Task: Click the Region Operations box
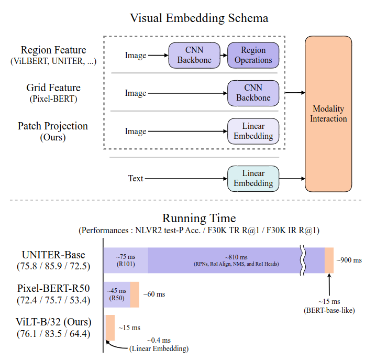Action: coord(253,56)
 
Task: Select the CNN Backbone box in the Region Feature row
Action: coord(194,56)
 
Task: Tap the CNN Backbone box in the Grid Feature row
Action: coord(253,93)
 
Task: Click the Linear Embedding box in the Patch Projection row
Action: coord(253,131)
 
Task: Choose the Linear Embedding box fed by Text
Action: coord(253,178)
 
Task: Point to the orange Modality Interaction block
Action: coord(328,114)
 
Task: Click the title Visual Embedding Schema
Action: coord(199,18)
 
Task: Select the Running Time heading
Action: coord(199,218)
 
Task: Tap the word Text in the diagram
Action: coord(136,179)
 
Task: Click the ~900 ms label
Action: coord(349,260)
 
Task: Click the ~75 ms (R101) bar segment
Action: coord(126,260)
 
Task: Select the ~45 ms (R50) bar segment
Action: coord(117,294)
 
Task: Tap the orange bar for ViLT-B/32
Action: coord(110,328)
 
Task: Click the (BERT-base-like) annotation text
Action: coord(328,310)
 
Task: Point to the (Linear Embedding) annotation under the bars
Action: coord(159,348)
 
